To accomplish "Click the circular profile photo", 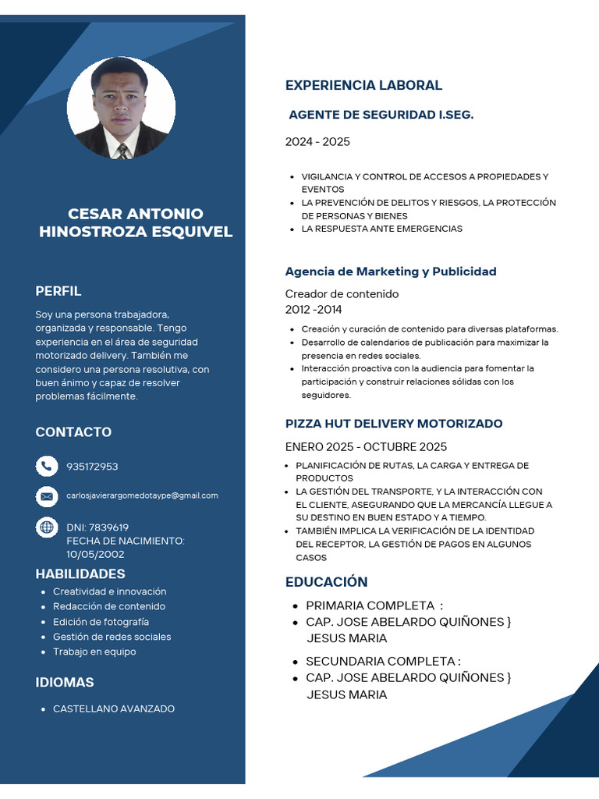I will point(121,108).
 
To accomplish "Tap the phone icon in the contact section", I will point(47,466).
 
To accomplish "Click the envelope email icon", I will point(47,495).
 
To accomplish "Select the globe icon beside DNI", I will point(47,527).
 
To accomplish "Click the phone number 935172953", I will point(92,467).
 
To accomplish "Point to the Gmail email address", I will point(142,495).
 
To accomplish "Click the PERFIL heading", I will point(58,291).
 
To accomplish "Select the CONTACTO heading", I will point(73,431).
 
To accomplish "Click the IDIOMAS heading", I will point(65,682).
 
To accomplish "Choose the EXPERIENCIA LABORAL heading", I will point(363,85).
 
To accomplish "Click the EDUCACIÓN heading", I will point(326,581).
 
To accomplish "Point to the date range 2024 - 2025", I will point(317,141).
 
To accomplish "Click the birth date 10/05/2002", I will point(95,554).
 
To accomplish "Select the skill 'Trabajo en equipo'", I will point(94,652).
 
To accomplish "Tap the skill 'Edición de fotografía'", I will point(101,622).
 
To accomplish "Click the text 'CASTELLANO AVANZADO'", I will point(114,708).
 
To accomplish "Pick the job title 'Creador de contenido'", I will point(342,293).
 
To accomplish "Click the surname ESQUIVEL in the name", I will point(186,232).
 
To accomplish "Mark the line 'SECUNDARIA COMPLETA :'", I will point(383,661).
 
